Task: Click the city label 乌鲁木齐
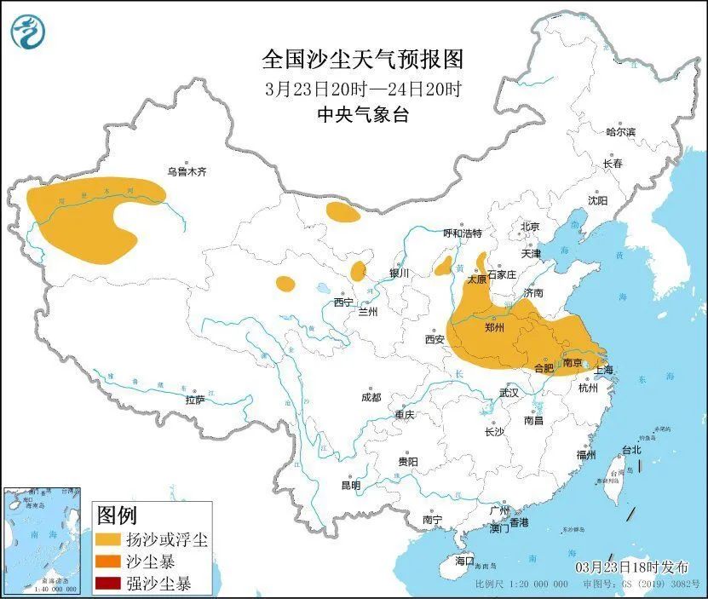[x=186, y=171]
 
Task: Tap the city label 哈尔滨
[x=620, y=132]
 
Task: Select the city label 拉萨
[x=195, y=399]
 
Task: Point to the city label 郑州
[x=494, y=327]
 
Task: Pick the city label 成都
[x=371, y=397]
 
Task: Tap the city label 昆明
[x=351, y=485]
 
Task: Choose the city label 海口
[x=463, y=561]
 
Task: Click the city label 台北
[x=630, y=449]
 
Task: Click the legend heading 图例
[x=117, y=515]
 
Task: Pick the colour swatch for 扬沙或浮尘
[x=108, y=540]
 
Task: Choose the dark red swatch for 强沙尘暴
[x=108, y=584]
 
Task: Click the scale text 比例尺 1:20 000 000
[x=521, y=585]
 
